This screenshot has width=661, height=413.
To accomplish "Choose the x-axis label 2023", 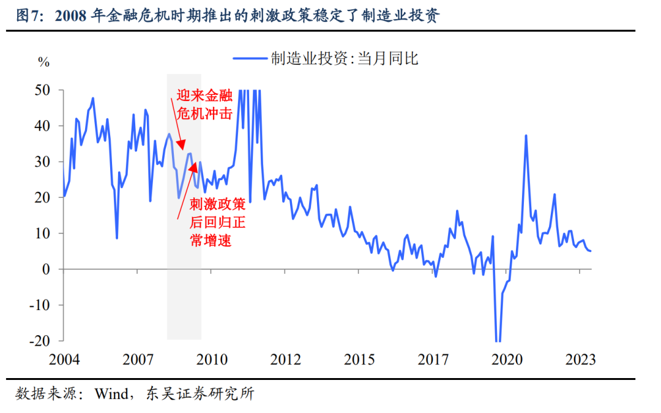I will [580, 360].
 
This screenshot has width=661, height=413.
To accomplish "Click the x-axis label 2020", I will [507, 360].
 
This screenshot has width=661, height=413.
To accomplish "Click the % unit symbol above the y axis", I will [43, 61].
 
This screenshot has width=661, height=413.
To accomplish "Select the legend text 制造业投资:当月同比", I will [345, 59].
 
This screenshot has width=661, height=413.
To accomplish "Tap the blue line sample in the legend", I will [250, 59].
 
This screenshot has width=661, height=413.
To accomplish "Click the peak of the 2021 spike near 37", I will [526, 135].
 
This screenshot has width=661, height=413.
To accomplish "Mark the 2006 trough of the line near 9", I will [117, 238].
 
